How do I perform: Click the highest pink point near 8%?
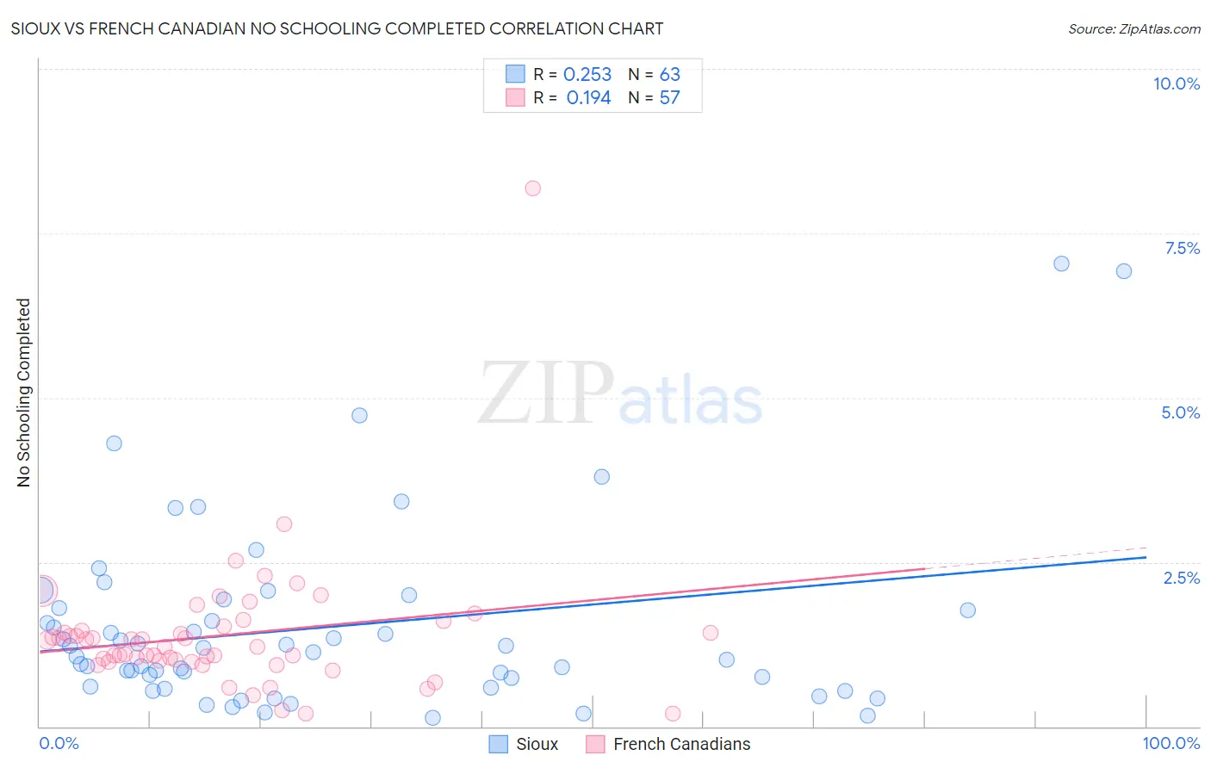[532, 189]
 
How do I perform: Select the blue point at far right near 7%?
[1123, 271]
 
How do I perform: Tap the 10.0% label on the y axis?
[1176, 84]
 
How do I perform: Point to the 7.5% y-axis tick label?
[1182, 248]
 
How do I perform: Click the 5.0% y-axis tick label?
[1180, 412]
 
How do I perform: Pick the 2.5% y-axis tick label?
[1182, 578]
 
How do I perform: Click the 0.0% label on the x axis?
[59, 743]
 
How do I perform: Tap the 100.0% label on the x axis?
[1171, 743]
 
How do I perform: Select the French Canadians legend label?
[681, 744]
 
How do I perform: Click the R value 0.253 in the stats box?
[587, 75]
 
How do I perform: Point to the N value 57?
[669, 98]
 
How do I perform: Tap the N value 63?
[669, 75]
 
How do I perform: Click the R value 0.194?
[588, 98]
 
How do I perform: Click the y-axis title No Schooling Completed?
[24, 393]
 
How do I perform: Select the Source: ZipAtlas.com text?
[1133, 29]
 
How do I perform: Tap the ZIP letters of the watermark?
[545, 393]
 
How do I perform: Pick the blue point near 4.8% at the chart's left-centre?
[359, 415]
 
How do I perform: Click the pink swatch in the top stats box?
[515, 97]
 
